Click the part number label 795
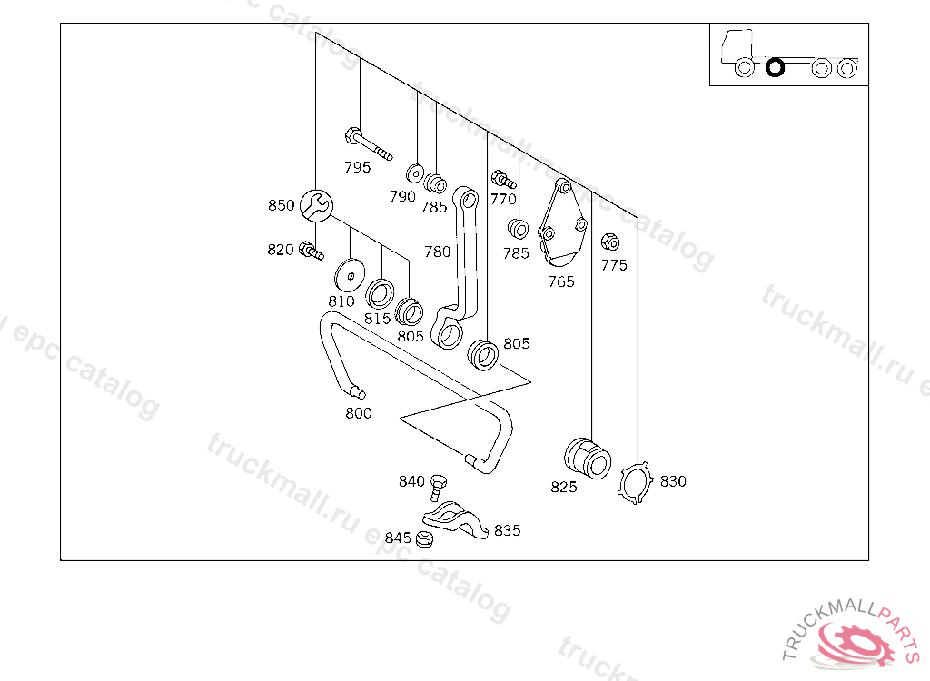(358, 167)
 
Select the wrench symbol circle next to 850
(316, 206)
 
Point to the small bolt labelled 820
(311, 251)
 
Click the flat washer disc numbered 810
(350, 275)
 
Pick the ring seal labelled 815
(380, 293)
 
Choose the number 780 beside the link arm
(437, 252)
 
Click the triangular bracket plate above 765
(562, 223)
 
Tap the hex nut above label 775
(609, 242)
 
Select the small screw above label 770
(503, 179)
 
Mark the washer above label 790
(414, 173)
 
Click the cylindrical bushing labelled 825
(588, 459)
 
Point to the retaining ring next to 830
(635, 483)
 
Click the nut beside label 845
(424, 539)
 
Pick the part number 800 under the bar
(359, 413)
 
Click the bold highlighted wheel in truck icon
(775, 67)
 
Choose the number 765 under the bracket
(561, 281)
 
